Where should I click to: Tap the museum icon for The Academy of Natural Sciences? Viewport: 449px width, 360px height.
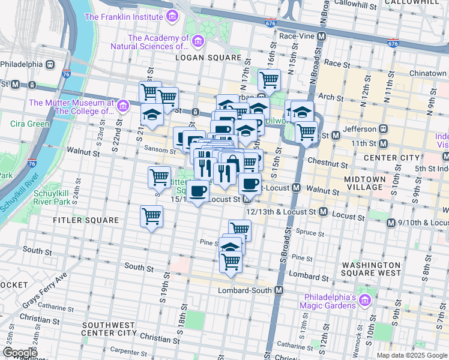pos(199,41)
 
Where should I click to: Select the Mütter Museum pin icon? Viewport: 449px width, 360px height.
pos(123,106)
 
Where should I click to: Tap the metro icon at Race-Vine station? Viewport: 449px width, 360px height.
pos(322,36)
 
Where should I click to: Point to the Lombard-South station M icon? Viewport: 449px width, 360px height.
pos(279,290)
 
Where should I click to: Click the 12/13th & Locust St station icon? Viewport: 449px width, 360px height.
pos(323,212)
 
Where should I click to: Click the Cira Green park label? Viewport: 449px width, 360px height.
pos(30,124)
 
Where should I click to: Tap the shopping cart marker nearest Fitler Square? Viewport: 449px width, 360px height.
pos(151,216)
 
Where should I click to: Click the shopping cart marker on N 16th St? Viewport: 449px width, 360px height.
pos(269,79)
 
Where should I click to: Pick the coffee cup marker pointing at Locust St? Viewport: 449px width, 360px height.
pos(197,191)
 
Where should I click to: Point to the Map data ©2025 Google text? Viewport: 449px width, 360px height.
pos(412,355)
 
